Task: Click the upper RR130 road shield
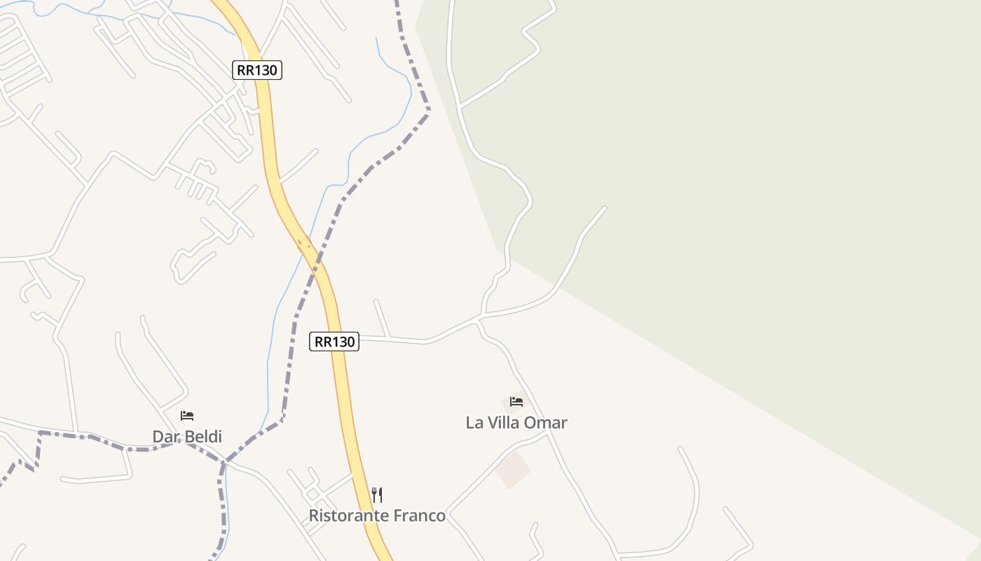point(257,70)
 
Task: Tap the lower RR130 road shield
point(334,342)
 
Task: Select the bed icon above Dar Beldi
point(186,416)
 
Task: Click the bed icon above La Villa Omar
point(516,402)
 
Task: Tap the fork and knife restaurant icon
point(377,495)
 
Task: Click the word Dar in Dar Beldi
point(165,437)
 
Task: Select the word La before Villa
point(474,423)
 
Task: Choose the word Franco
point(420,516)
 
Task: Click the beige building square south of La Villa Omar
point(513,469)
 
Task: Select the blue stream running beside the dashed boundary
point(270,351)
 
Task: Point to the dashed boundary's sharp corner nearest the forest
point(429,109)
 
